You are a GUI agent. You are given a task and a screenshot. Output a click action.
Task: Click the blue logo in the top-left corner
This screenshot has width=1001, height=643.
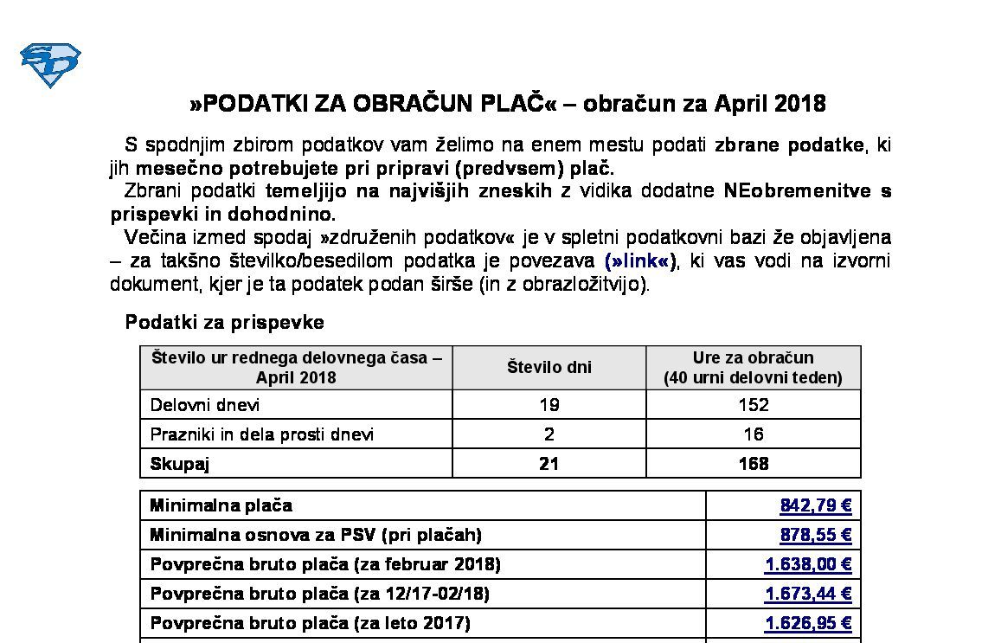click(x=50, y=65)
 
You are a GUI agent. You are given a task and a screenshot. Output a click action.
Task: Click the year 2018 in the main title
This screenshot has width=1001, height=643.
click(x=799, y=104)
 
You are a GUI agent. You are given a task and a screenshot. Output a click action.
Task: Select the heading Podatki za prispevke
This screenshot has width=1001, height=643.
click(x=225, y=322)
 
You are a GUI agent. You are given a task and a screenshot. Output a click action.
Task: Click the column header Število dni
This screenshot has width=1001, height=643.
click(x=549, y=367)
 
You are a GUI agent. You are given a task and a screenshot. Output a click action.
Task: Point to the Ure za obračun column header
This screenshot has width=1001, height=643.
click(x=753, y=367)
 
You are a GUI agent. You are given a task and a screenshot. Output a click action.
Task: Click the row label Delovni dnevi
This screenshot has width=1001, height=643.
click(x=204, y=405)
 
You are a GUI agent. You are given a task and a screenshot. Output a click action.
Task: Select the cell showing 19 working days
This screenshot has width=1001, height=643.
click(x=549, y=405)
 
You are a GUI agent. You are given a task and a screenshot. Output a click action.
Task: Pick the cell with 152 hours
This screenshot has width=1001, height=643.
click(x=753, y=405)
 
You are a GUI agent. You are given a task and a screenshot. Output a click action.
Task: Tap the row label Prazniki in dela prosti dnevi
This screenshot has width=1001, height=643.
click(x=262, y=434)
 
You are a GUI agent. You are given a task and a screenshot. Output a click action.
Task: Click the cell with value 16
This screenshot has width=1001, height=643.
click(x=753, y=434)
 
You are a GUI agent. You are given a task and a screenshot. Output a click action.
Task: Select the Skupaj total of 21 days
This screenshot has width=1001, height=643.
click(x=549, y=464)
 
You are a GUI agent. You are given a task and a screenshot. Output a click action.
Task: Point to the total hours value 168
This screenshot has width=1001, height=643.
click(x=753, y=464)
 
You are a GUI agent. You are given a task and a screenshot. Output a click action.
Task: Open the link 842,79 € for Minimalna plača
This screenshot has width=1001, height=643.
click(x=815, y=505)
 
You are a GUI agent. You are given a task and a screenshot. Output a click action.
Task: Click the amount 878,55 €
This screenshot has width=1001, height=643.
click(x=815, y=535)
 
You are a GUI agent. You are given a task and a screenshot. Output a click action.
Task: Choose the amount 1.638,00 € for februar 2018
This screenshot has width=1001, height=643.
click(x=808, y=564)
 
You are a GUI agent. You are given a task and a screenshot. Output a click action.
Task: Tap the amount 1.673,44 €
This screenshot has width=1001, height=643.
click(x=808, y=594)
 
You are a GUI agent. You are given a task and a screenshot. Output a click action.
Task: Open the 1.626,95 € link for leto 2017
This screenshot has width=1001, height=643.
click(x=808, y=623)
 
